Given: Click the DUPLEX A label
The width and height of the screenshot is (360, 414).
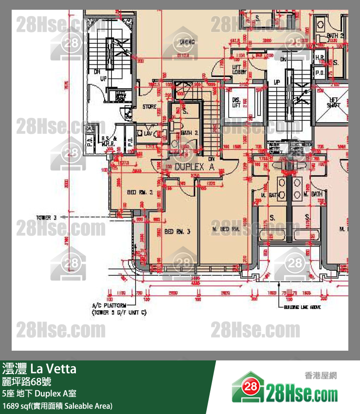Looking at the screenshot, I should click(x=194, y=167).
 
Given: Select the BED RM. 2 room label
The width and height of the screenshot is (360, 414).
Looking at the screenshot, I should click(x=140, y=192).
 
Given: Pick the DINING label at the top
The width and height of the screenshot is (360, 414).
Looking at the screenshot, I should click(x=187, y=42).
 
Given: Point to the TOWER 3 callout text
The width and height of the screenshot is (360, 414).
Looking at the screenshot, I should click(x=46, y=217).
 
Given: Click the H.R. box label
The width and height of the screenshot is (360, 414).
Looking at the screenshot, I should click(x=320, y=58).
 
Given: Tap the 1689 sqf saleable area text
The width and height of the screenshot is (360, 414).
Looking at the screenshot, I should click(x=57, y=405).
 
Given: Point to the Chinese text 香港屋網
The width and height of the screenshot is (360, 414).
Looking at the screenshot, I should click(x=320, y=376).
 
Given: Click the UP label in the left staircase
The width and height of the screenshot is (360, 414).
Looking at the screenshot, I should click(x=103, y=78).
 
